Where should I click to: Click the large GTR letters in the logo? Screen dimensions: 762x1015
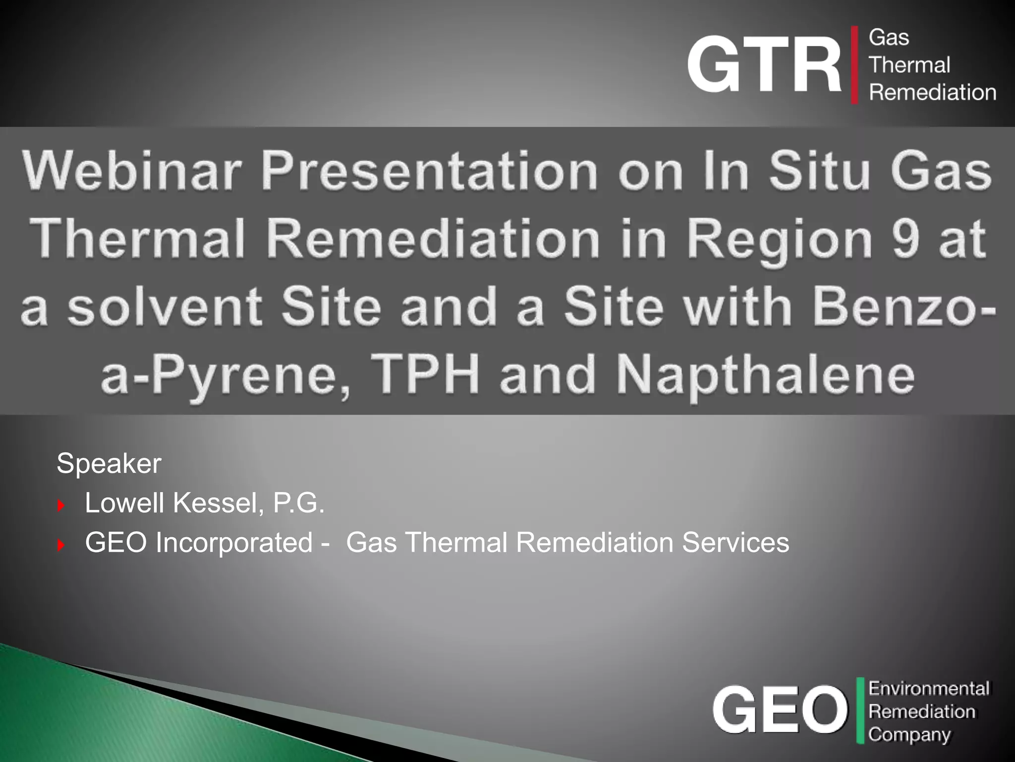pos(764,64)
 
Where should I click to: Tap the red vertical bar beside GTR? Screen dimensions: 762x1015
pos(854,65)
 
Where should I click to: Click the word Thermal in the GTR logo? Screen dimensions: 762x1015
pos(909,65)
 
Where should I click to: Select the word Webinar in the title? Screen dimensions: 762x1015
pos(132,171)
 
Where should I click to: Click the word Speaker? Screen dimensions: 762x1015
pos(109,463)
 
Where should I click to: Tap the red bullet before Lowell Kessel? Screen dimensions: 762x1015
pos(61,506)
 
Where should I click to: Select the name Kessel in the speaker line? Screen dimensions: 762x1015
pos(218,503)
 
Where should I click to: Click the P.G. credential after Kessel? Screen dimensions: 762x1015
pos(298,503)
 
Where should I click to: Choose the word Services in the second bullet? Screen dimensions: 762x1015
pos(735,542)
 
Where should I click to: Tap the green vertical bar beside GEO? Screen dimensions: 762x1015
pos(860,710)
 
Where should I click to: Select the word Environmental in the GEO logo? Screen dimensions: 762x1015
pos(929,689)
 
